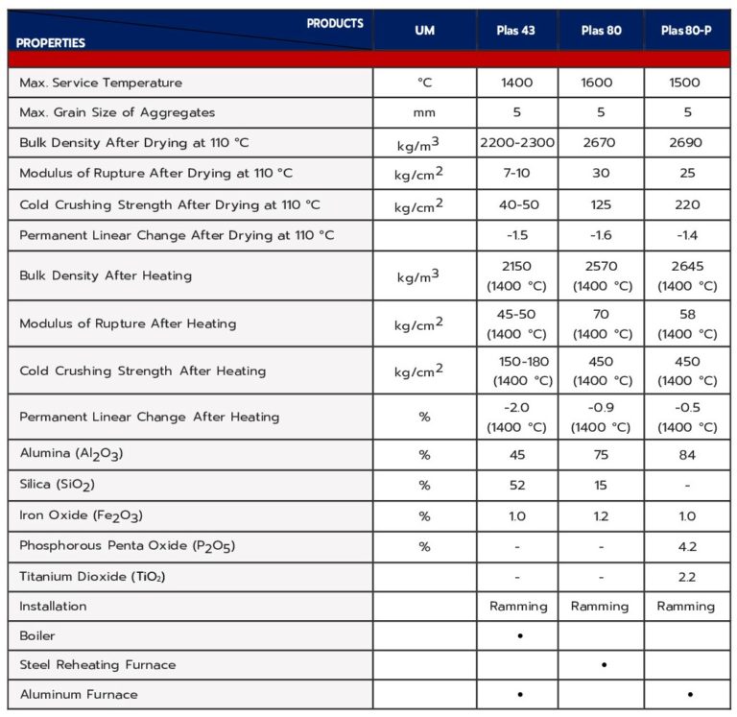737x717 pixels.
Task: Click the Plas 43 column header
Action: [516, 31]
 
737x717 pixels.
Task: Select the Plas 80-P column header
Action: [686, 31]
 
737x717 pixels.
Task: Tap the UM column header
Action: [424, 31]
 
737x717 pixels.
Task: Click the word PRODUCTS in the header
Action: [335, 23]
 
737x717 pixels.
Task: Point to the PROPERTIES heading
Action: [51, 43]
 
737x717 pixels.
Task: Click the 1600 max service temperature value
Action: [601, 83]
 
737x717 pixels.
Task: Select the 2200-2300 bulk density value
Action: [516, 142]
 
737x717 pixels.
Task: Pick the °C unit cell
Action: [424, 83]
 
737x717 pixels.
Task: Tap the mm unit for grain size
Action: [424, 112]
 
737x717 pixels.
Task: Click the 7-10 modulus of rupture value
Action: [516, 173]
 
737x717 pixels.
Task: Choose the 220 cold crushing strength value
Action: [687, 203]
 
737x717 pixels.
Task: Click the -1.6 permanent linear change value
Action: [601, 235]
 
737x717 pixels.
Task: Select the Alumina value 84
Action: [687, 455]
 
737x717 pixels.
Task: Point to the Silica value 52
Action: [516, 486]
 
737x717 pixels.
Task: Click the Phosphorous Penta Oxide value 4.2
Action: [687, 546]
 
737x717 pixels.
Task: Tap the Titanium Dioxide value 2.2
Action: [687, 577]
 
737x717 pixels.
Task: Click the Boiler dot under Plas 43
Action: [518, 635]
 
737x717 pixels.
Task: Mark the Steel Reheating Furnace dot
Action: [603, 664]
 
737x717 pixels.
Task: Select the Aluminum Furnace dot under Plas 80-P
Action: [689, 694]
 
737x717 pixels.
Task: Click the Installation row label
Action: [53, 606]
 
